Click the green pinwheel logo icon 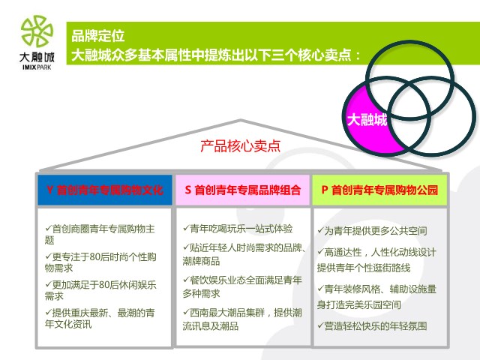[x=37, y=31]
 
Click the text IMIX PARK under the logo [x=37, y=67]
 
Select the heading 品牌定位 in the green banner [x=98, y=36]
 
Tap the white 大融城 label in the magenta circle [x=367, y=119]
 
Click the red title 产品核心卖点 [x=241, y=146]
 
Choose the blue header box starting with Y [x=105, y=190]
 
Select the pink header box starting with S [x=243, y=190]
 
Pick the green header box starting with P [x=379, y=190]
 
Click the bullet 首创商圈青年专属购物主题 [x=100, y=234]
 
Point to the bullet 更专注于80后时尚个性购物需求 [x=100, y=262]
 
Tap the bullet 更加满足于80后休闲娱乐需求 [x=100, y=290]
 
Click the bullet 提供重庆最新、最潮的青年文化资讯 [x=100, y=318]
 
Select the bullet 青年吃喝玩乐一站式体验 [x=238, y=229]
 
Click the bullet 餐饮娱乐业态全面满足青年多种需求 [x=242, y=286]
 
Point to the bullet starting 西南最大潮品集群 [x=242, y=319]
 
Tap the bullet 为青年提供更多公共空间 [x=372, y=230]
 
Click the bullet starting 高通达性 [x=376, y=260]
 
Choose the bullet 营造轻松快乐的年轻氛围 [x=372, y=326]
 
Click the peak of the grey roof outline [x=241, y=120]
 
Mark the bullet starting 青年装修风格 [x=376, y=297]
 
